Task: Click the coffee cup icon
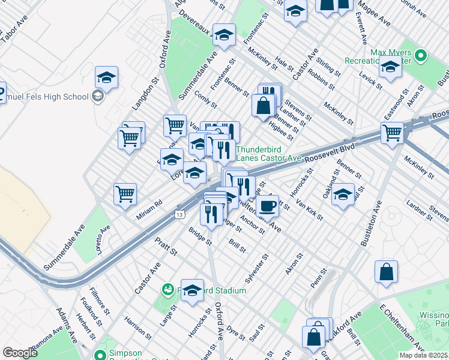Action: pos(268,206)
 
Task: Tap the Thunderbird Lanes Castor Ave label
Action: pos(268,154)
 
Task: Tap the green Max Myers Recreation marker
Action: pos(420,56)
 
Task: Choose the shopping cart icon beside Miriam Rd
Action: pos(125,193)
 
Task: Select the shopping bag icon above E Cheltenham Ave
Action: pos(386,271)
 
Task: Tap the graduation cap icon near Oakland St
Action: pos(343,194)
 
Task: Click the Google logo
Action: pos(20,353)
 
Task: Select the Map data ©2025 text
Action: pos(423,355)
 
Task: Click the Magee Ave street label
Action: pos(378,14)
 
